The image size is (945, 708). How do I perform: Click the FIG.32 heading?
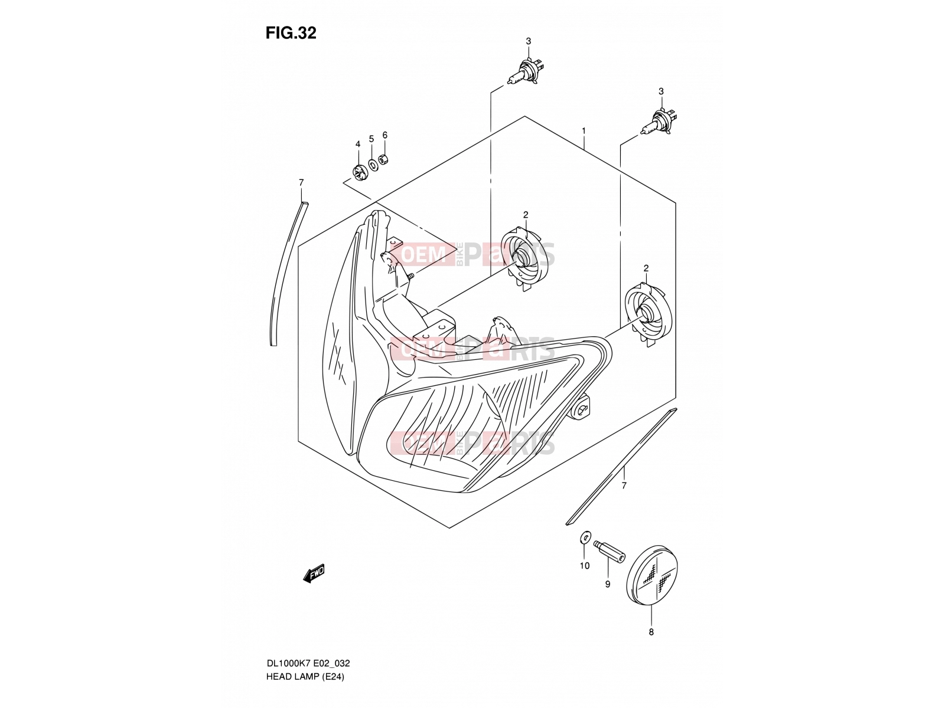[291, 32]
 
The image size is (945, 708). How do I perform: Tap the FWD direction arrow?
[314, 573]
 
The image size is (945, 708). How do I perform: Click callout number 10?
[584, 566]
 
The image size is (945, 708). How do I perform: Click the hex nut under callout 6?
[383, 160]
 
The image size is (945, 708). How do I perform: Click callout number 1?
[584, 130]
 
